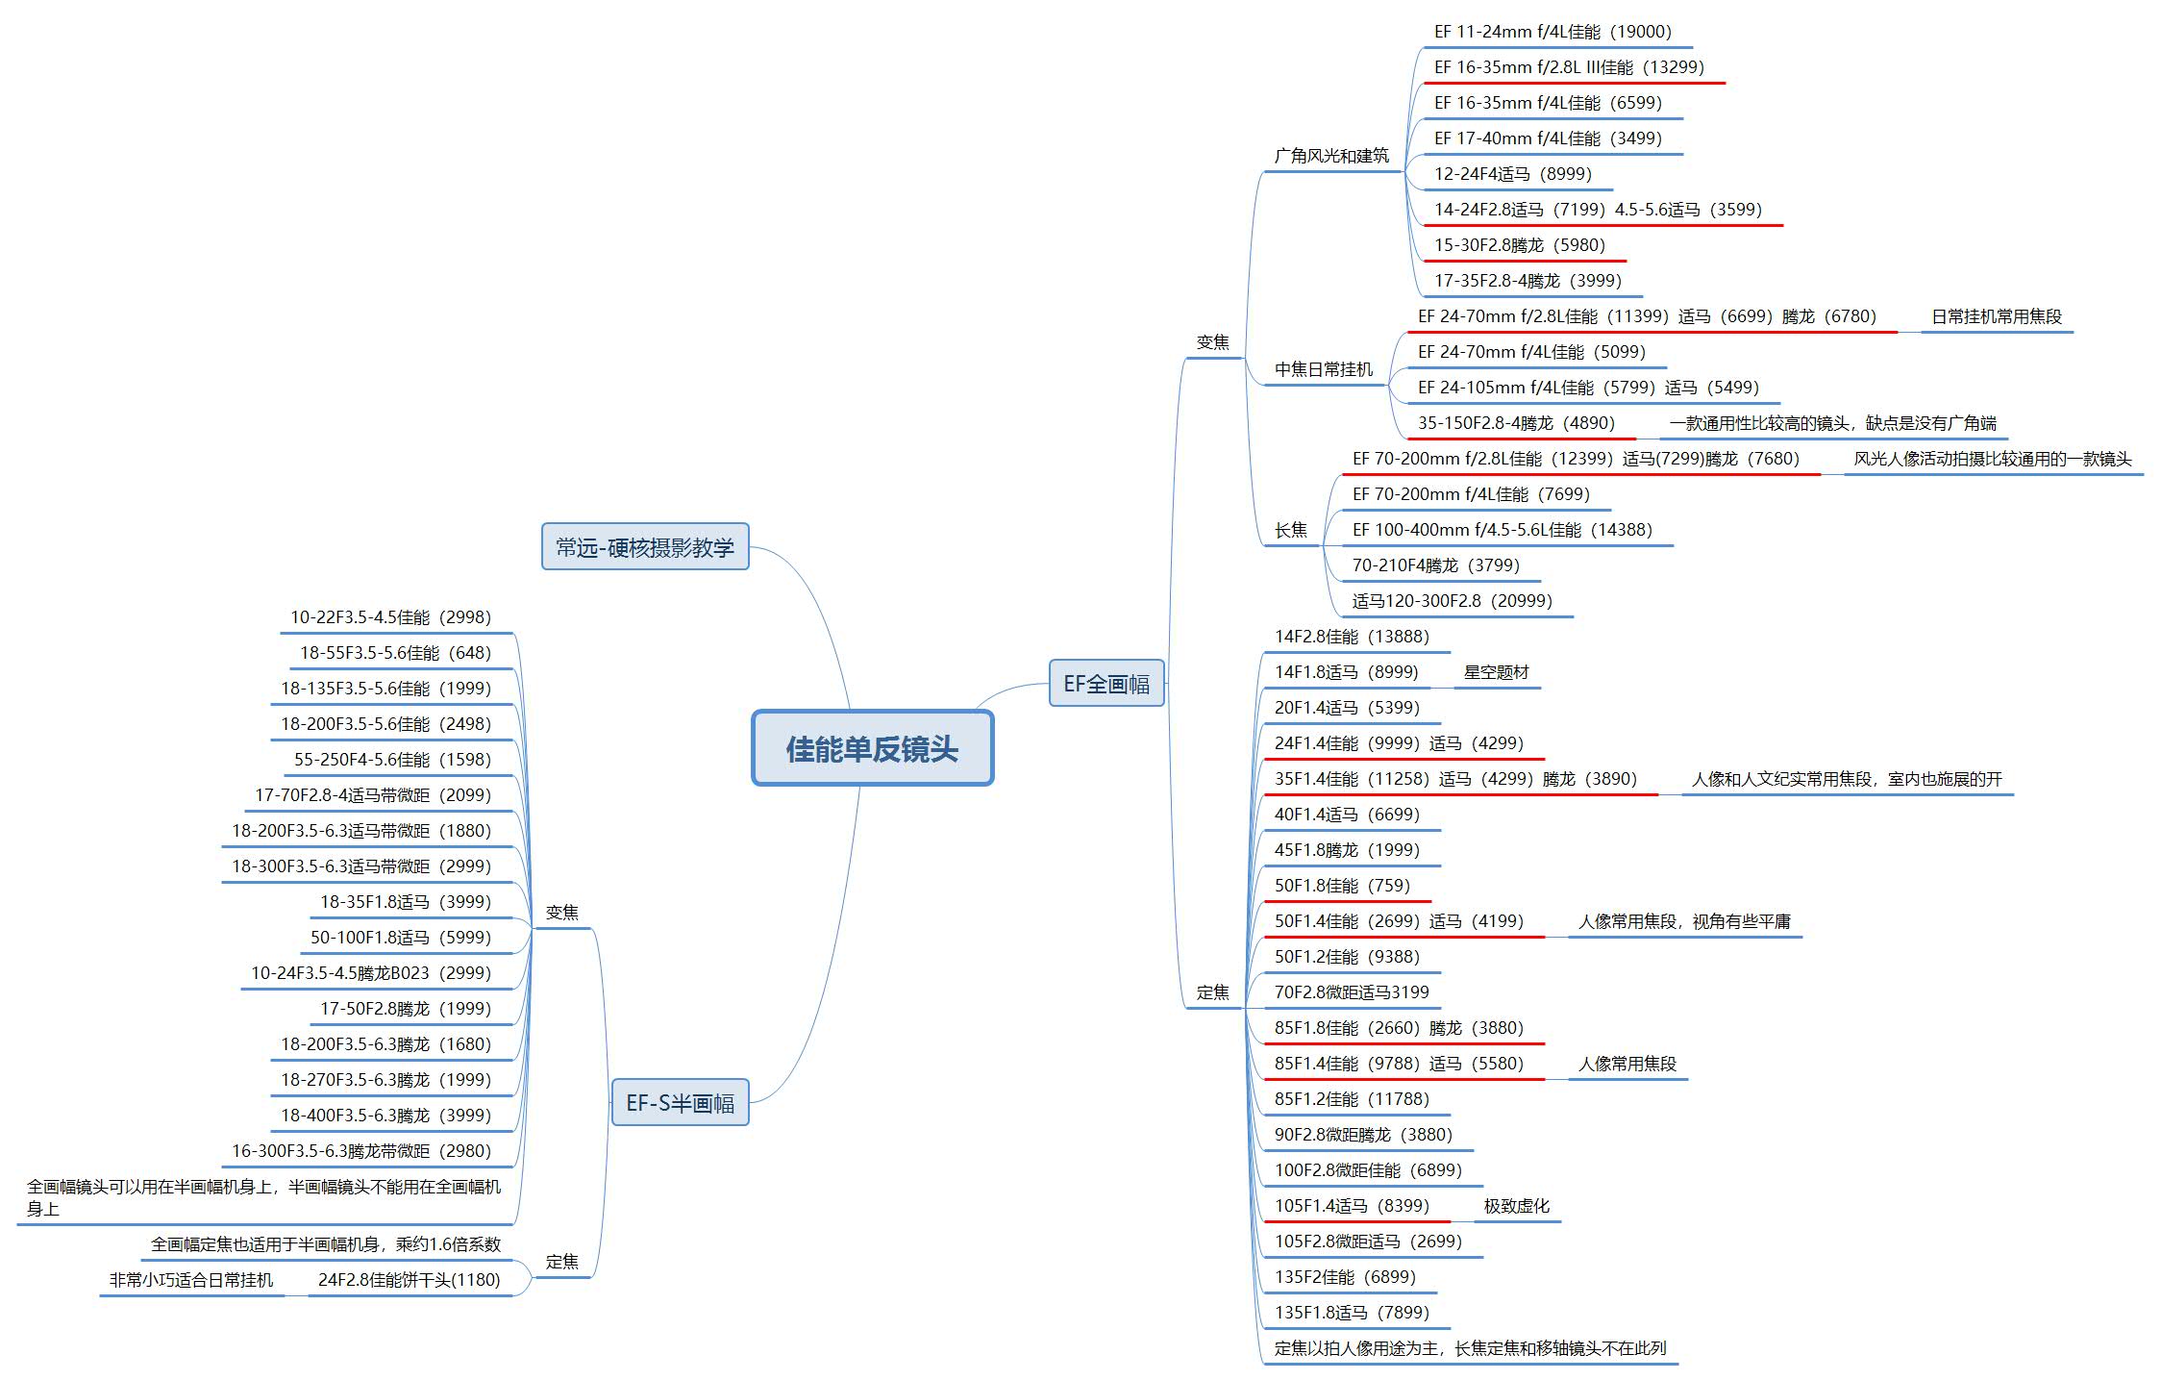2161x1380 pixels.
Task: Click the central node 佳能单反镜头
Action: point(872,749)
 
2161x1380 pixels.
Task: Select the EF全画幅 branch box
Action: point(1105,684)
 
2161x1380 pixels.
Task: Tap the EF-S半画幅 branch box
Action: point(680,1103)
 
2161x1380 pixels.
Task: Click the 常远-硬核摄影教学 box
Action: point(644,547)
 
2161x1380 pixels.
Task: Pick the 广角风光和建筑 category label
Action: point(1331,156)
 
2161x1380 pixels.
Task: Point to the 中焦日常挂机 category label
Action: point(1323,369)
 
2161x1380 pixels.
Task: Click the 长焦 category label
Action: point(1290,530)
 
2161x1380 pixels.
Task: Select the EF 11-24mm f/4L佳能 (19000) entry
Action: point(1552,32)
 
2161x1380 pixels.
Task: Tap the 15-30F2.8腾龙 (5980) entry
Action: point(1519,245)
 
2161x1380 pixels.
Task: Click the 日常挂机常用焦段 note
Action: point(1996,316)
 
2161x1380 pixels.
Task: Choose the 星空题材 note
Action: point(1496,672)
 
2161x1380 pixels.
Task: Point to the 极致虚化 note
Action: point(1516,1206)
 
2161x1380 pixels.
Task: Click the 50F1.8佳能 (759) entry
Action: point(1342,886)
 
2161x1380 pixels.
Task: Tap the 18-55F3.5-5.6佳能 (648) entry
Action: point(395,653)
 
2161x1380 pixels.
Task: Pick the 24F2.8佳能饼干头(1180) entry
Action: point(409,1280)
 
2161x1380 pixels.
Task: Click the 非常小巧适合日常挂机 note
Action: point(191,1280)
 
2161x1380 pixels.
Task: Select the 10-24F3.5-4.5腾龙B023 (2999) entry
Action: point(370,973)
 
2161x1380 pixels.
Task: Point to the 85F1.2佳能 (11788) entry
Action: point(1352,1099)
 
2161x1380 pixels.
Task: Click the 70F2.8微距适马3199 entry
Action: point(1352,992)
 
